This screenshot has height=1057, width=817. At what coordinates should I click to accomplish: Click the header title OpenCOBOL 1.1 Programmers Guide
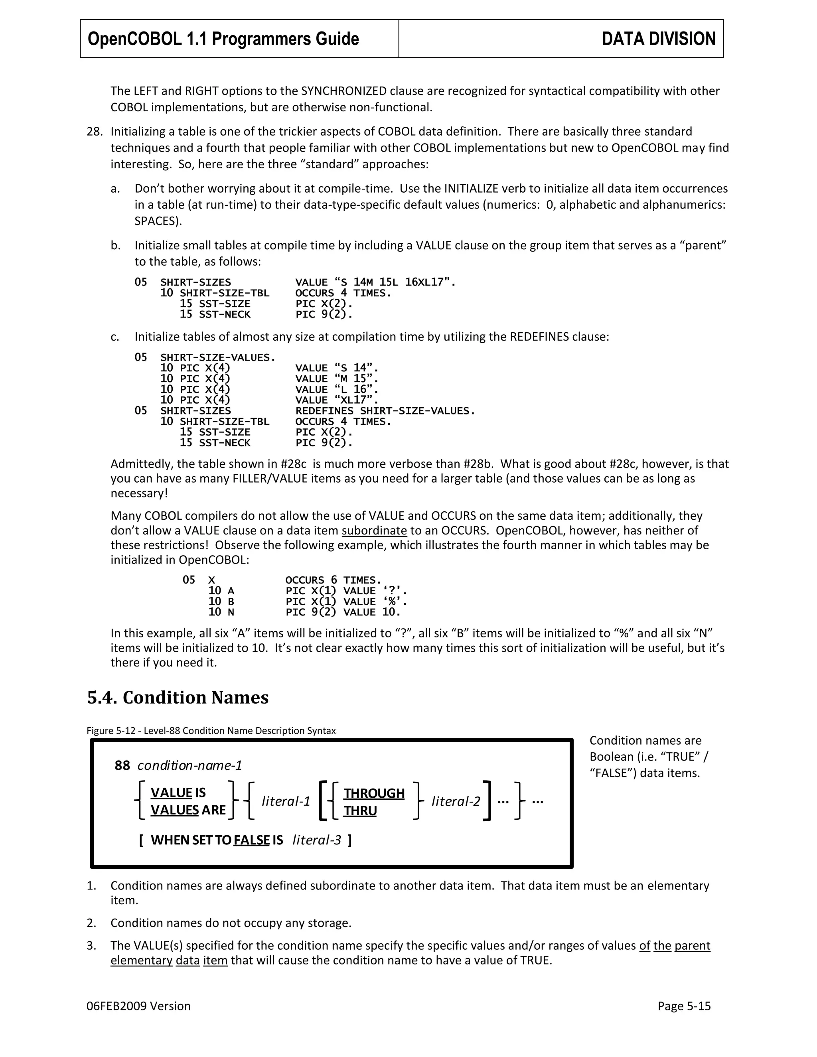click(223, 39)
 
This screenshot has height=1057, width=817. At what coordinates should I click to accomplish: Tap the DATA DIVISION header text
click(658, 39)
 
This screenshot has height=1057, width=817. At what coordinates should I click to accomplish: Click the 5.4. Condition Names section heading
click(178, 697)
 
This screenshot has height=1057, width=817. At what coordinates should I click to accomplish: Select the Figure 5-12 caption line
click(211, 730)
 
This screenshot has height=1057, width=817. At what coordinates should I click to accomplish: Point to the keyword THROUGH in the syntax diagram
click(374, 793)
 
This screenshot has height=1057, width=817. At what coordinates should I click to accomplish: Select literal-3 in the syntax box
click(316, 840)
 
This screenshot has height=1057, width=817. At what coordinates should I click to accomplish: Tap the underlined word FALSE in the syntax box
click(251, 840)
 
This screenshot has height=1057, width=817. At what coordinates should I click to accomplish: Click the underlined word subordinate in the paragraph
click(374, 530)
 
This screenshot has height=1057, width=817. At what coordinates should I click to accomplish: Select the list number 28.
click(95, 132)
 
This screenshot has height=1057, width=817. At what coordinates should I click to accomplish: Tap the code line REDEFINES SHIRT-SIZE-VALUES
click(385, 411)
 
